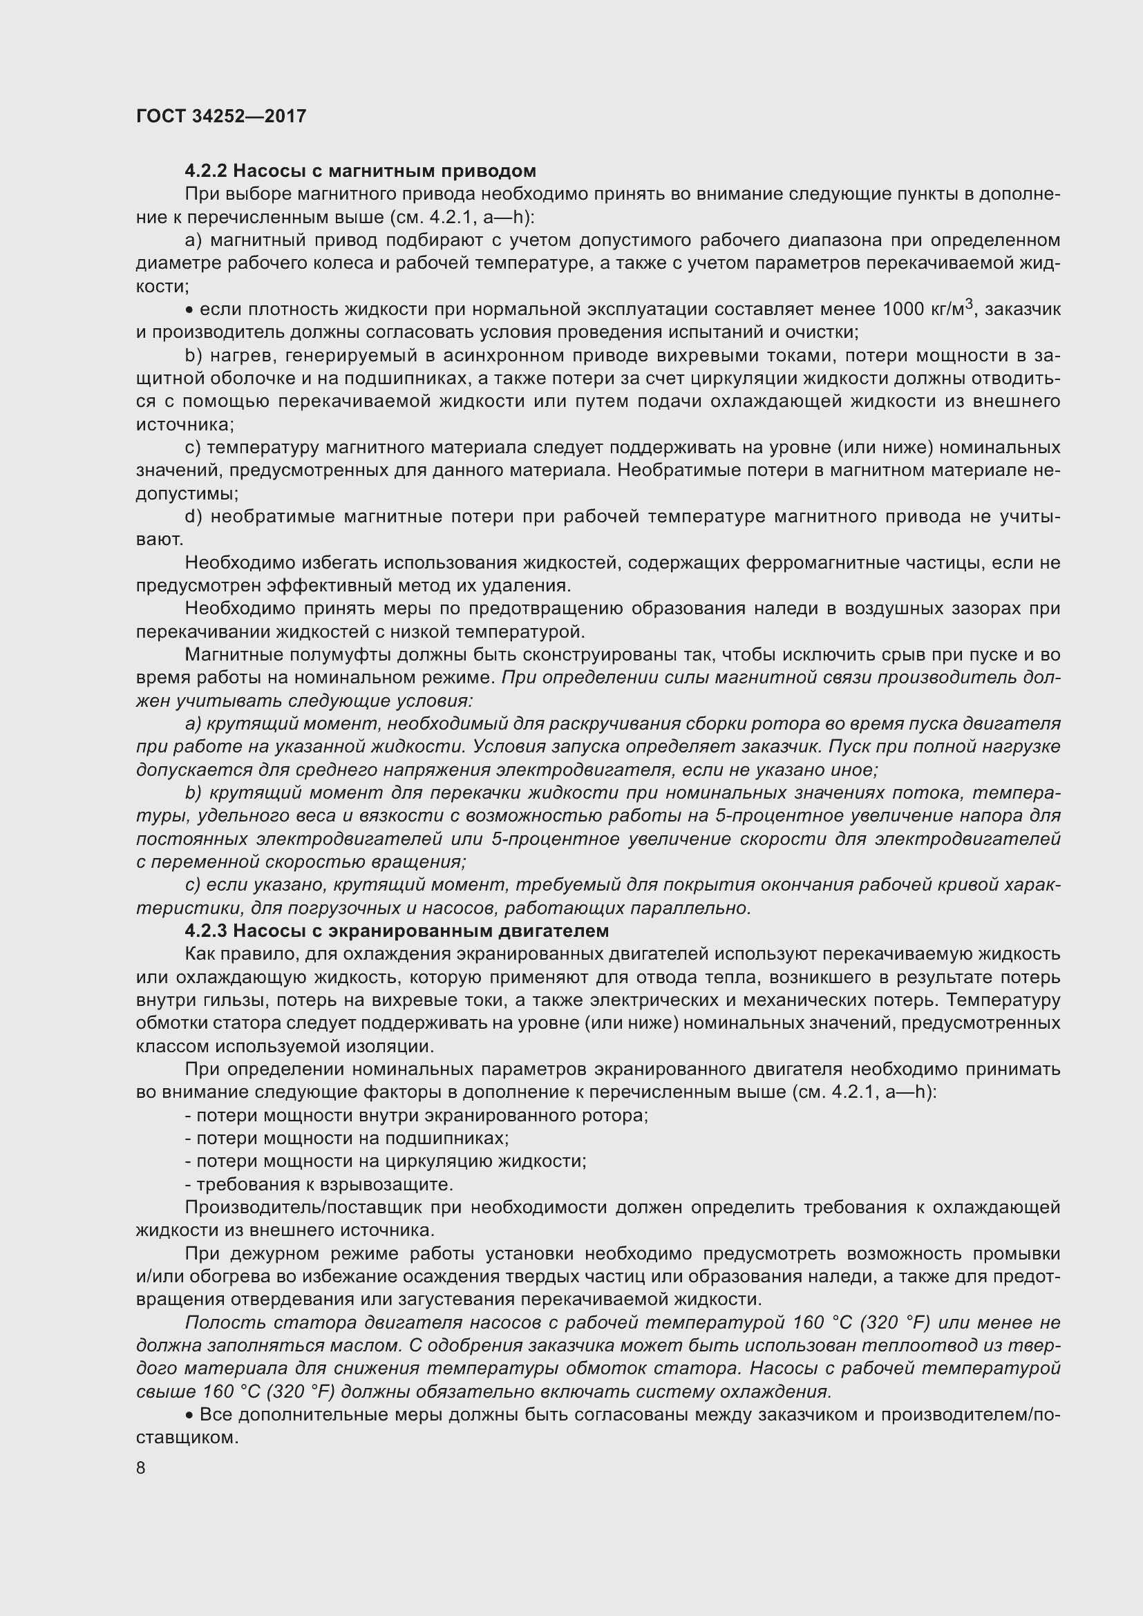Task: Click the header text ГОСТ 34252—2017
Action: click(x=221, y=116)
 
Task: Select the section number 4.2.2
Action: click(x=205, y=171)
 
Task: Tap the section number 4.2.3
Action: click(x=205, y=931)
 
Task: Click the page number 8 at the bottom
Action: click(x=141, y=1468)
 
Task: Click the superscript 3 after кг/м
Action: click(x=969, y=304)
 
